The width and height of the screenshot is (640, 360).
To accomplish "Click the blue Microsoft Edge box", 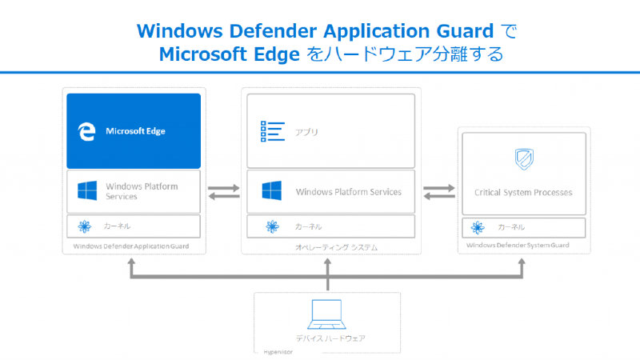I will [x=134, y=130].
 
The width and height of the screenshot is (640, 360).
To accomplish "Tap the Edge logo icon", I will [x=86, y=130].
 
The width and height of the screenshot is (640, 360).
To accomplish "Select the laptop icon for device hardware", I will [x=326, y=314].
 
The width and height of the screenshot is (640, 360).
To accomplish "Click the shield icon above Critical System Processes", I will [x=523, y=159].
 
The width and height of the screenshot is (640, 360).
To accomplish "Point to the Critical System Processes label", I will [x=523, y=193].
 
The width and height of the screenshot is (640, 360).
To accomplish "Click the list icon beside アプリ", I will [x=274, y=131].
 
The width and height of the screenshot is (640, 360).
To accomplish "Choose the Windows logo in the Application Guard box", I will [x=87, y=191].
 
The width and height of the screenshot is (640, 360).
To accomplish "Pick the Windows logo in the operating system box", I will [x=272, y=191].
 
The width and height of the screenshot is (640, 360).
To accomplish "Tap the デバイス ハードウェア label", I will [x=328, y=338].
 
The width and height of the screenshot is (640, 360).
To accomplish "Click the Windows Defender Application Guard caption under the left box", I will [x=131, y=246].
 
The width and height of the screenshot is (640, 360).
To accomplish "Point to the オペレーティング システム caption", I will [x=328, y=247].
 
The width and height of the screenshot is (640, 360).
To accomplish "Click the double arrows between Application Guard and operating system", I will [x=223, y=193].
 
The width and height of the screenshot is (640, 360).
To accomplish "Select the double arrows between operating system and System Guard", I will [x=438, y=193].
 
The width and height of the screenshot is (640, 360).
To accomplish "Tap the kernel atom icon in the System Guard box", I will [x=478, y=226].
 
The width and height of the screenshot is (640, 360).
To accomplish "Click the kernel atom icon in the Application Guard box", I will [x=82, y=226].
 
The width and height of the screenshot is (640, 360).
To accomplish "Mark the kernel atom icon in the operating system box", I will [x=272, y=227].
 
